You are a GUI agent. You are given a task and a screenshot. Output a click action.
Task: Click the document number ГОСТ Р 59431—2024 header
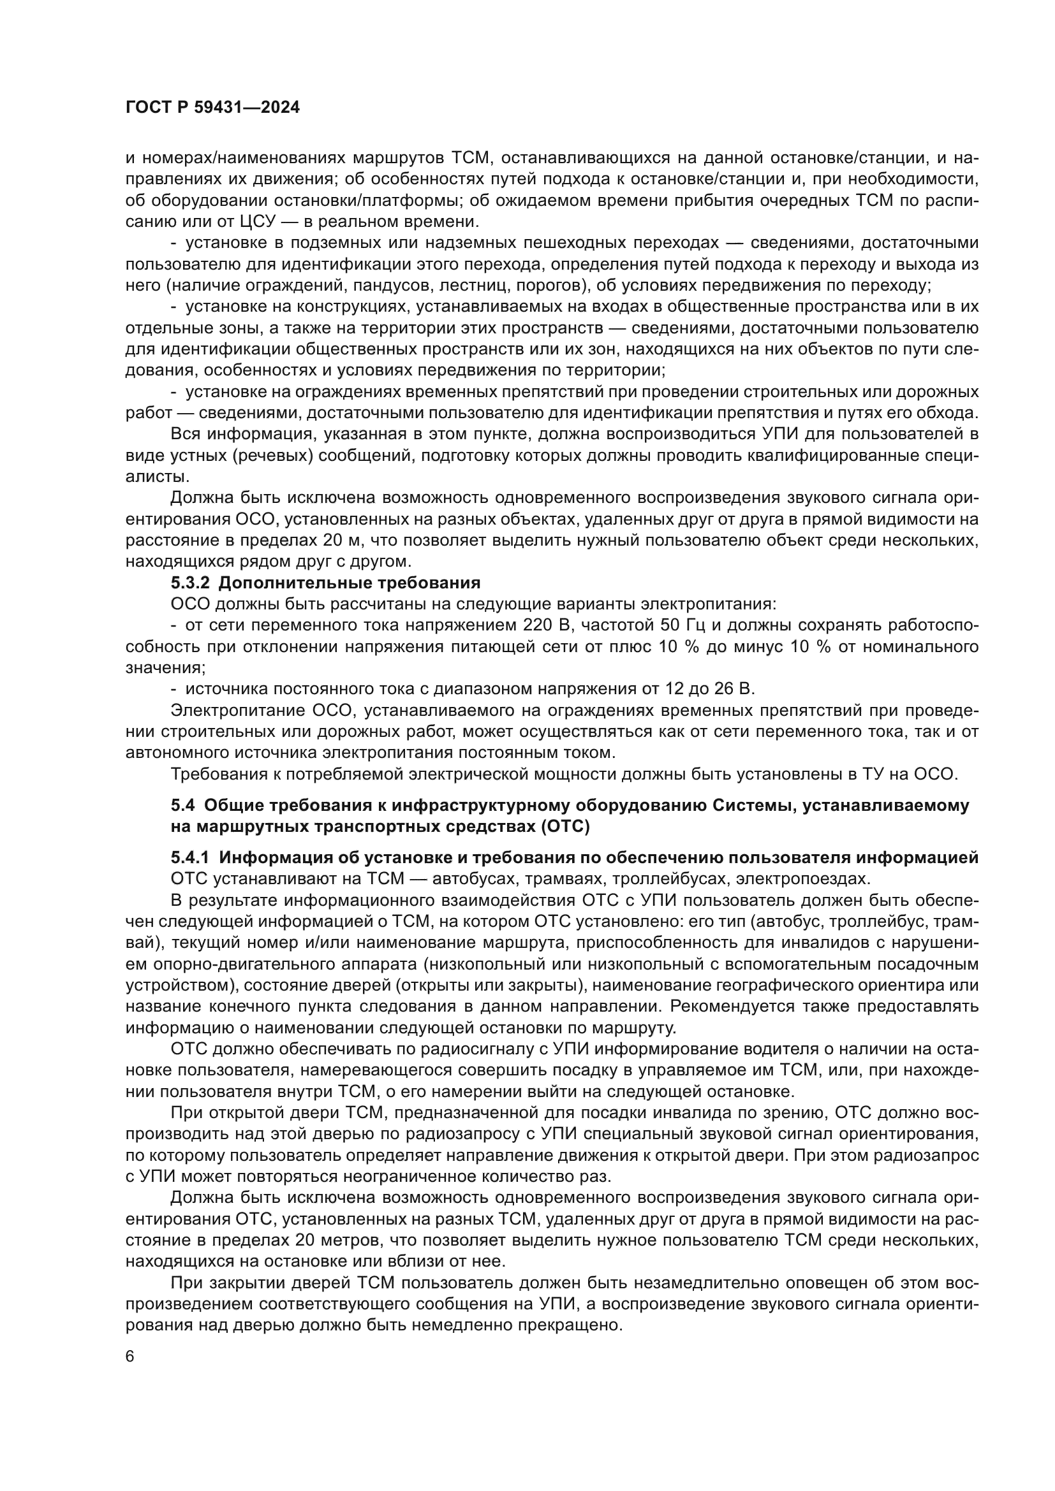pos(212,108)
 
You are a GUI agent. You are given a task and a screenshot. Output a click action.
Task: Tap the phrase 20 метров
pos(332,1240)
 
